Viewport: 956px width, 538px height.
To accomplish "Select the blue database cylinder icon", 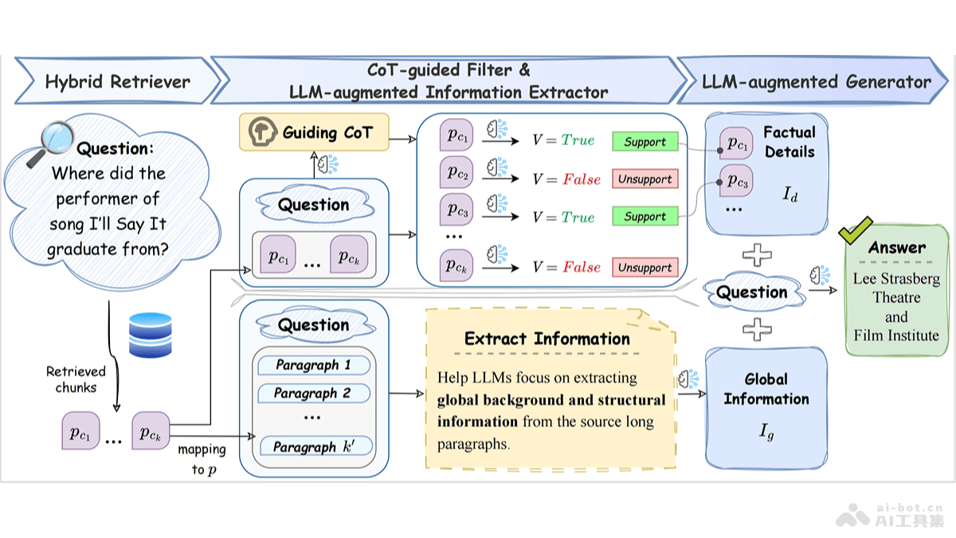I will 151,335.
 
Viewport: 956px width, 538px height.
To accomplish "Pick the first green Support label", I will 645,142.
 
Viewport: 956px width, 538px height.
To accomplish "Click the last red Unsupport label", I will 645,268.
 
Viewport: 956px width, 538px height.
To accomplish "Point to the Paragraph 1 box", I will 312,365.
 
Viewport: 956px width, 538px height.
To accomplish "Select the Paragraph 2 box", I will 312,393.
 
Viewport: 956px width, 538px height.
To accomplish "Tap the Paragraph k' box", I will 312,447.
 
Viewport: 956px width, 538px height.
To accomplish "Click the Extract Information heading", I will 547,339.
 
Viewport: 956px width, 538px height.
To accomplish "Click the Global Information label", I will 766,389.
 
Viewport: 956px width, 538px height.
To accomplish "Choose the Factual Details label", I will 789,142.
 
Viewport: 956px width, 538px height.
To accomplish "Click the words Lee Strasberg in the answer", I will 896,279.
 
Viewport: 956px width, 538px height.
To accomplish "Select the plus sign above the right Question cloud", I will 756,256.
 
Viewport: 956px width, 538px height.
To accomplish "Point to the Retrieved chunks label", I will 76,379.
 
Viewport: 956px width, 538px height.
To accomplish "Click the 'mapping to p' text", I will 202,459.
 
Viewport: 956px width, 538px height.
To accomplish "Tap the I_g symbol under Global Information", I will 766,433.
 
